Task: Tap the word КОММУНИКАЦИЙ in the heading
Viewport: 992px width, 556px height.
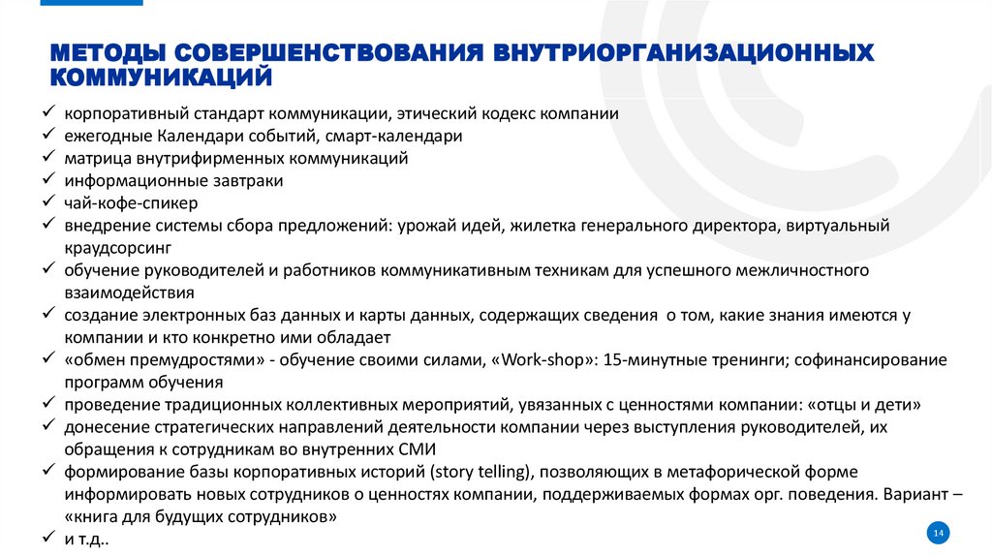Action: pos(161,75)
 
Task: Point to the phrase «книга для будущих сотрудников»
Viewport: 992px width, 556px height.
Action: pos(201,517)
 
